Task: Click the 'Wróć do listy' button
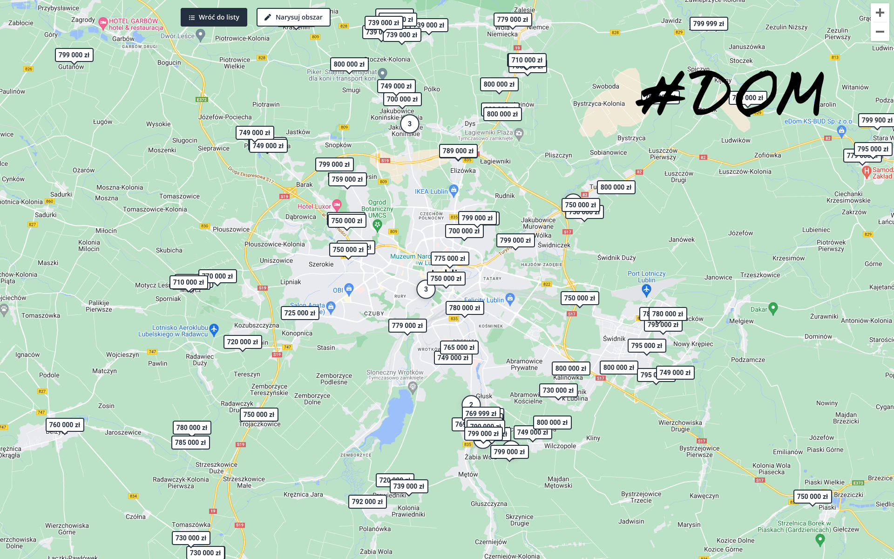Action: pyautogui.click(x=214, y=17)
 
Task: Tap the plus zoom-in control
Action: pyautogui.click(x=880, y=13)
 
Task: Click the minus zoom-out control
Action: pyautogui.click(x=880, y=32)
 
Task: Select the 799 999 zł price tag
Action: pyautogui.click(x=708, y=24)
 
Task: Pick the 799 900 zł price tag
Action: pyautogui.click(x=876, y=120)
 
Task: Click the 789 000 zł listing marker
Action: pyautogui.click(x=458, y=151)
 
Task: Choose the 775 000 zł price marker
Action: pyautogui.click(x=449, y=259)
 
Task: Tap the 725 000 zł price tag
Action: pyautogui.click(x=299, y=313)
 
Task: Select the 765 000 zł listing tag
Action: pyautogui.click(x=459, y=348)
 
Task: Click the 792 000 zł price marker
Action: pyautogui.click(x=367, y=502)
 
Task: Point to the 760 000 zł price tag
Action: pyautogui.click(x=64, y=425)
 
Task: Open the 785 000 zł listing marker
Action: pyautogui.click(x=190, y=443)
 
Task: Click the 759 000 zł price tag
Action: pyautogui.click(x=347, y=179)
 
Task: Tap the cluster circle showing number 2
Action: pyautogui.click(x=471, y=404)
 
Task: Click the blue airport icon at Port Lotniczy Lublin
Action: pyautogui.click(x=646, y=290)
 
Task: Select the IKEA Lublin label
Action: pyautogui.click(x=431, y=191)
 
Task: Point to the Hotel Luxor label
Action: pyautogui.click(x=314, y=206)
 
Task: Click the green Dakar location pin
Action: pyautogui.click(x=773, y=307)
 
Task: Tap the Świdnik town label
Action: pyautogui.click(x=614, y=339)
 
